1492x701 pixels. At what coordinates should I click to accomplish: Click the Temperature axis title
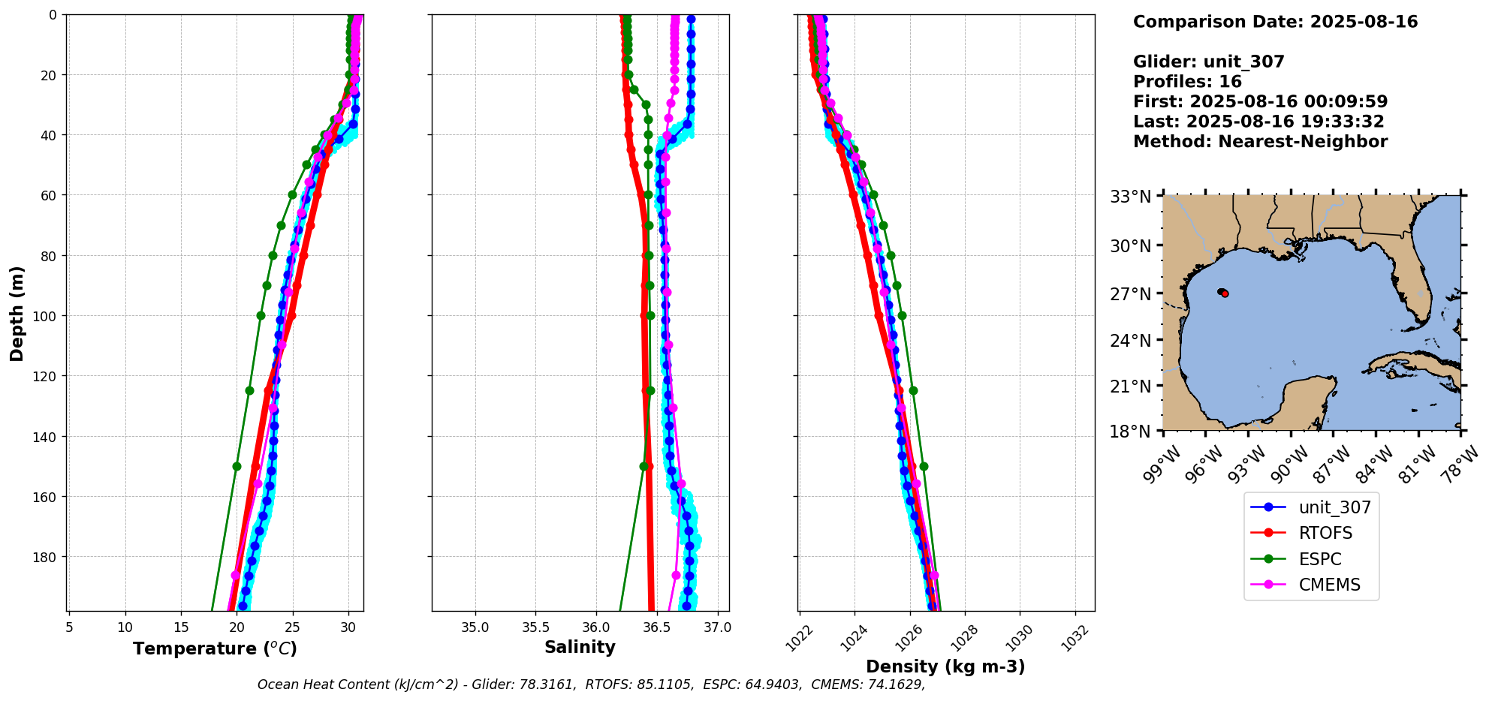click(x=215, y=648)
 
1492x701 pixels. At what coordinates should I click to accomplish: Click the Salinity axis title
click(x=580, y=647)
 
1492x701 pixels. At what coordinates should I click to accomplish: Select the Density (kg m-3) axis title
click(x=945, y=666)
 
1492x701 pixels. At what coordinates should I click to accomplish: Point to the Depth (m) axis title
click(x=17, y=313)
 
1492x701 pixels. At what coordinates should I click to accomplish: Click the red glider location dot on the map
click(x=1225, y=293)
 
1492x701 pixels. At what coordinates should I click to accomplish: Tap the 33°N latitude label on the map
click(x=1130, y=197)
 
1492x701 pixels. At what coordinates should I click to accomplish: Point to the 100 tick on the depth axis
click(x=47, y=316)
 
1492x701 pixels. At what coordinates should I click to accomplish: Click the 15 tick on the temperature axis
click(x=181, y=627)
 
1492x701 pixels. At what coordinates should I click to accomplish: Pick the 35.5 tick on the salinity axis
click(x=535, y=627)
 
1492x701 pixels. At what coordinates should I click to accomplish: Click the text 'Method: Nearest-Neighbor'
click(x=1260, y=142)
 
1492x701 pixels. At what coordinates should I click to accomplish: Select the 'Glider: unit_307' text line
click(x=1208, y=62)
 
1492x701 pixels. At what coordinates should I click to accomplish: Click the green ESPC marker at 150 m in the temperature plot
click(x=237, y=466)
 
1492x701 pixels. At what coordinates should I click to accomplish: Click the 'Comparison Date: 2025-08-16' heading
click(x=1275, y=23)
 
